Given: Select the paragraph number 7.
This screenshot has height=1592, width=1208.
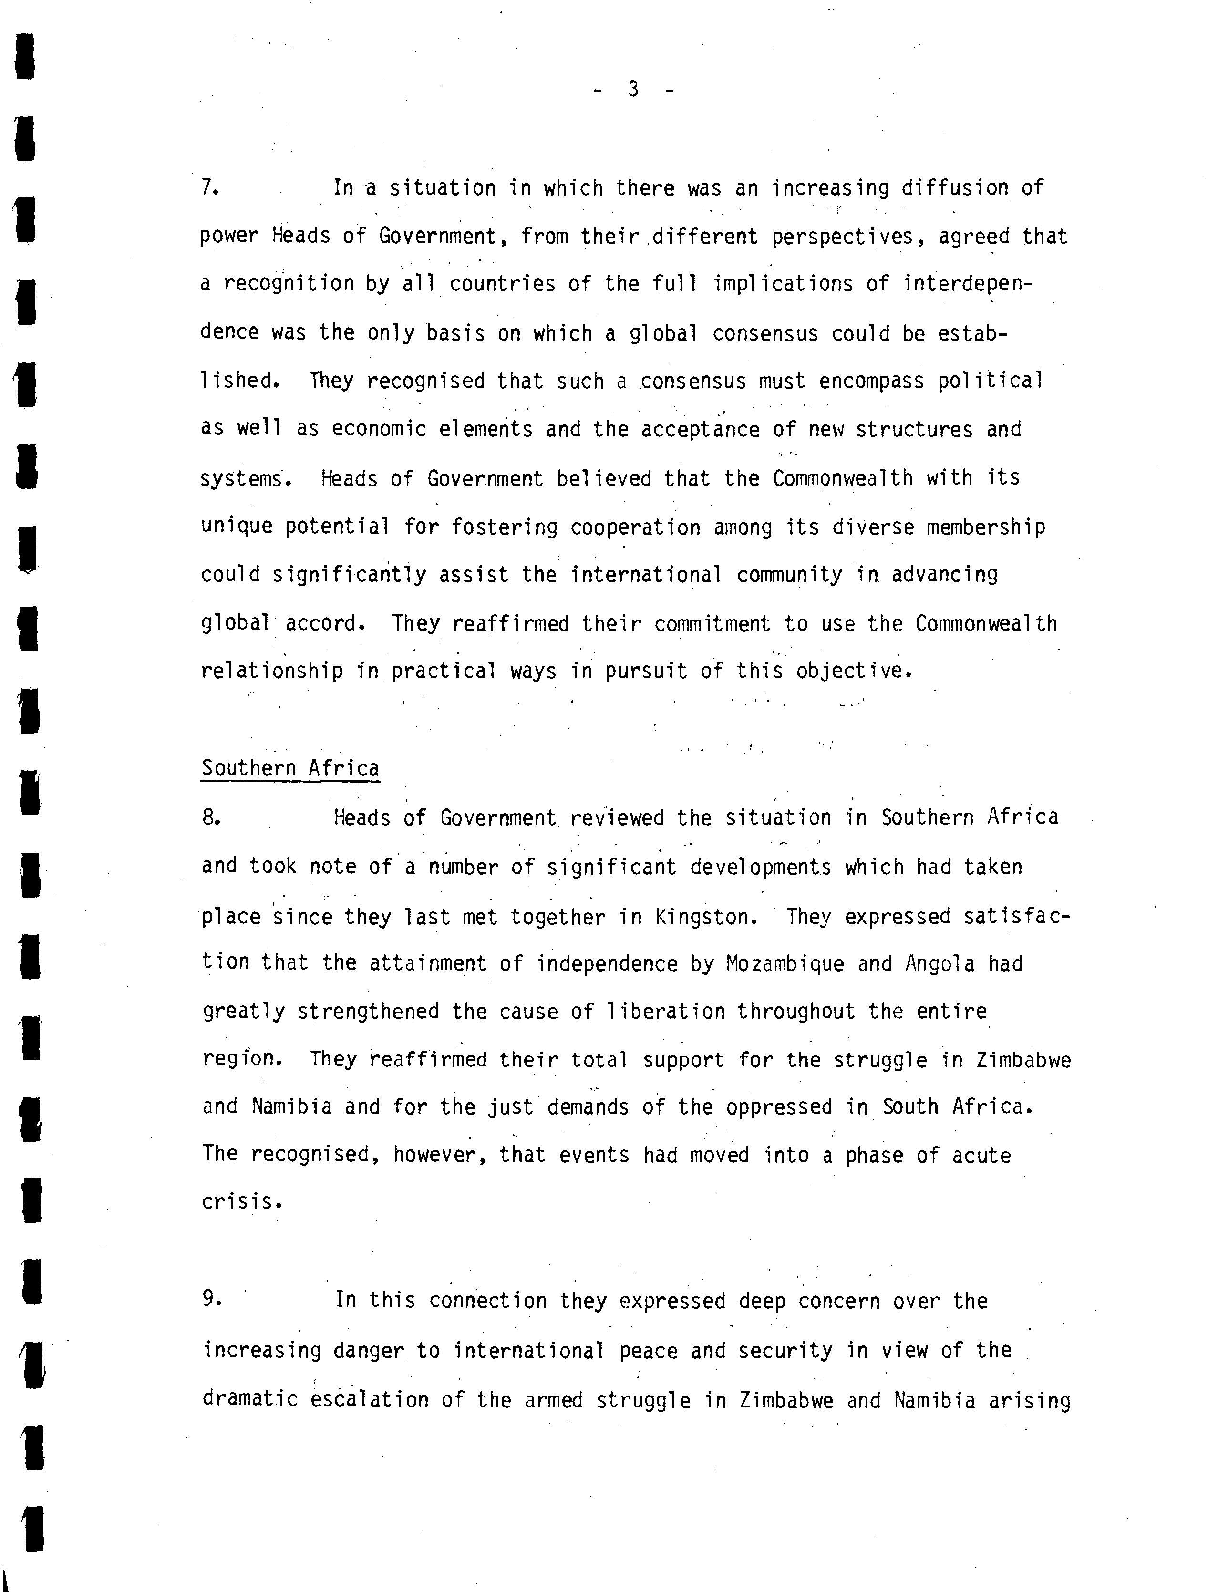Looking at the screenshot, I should click(x=209, y=188).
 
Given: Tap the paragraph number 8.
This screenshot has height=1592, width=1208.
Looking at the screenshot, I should click(x=210, y=817).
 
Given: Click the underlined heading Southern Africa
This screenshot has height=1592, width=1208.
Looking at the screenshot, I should click(x=290, y=768).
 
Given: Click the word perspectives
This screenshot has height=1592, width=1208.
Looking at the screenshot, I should click(x=852, y=236).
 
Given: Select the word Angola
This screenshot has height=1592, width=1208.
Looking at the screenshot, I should click(x=940, y=964).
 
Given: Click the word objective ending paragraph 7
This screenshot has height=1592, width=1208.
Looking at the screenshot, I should click(x=853, y=671).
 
